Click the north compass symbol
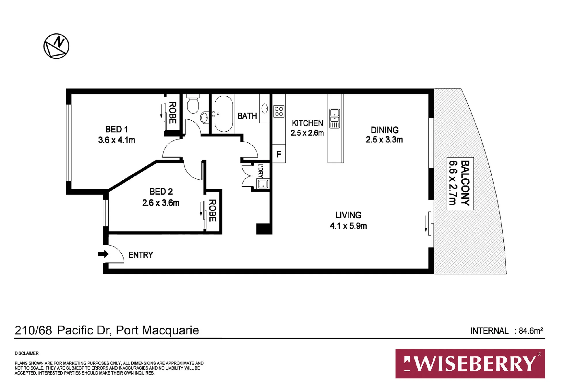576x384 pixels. tap(56, 46)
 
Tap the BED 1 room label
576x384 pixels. tap(116, 129)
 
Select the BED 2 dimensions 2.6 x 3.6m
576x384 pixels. tap(161, 203)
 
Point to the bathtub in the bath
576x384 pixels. tap(223, 114)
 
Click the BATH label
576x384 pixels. tap(247, 116)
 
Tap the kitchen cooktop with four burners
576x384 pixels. tap(279, 111)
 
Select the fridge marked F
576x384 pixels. tap(279, 154)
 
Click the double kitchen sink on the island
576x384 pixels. tap(335, 118)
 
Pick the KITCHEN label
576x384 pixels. tap(307, 123)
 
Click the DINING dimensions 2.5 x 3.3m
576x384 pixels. tap(384, 140)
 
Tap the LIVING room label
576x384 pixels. tap(348, 215)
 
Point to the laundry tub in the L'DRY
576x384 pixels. tap(263, 184)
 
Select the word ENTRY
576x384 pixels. tap(141, 255)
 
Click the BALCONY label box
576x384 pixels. tap(460, 184)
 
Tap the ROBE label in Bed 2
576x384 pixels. tap(212, 211)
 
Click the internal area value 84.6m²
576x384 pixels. tap(531, 331)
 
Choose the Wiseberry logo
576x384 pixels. tap(470, 364)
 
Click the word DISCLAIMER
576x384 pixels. tap(26, 353)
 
